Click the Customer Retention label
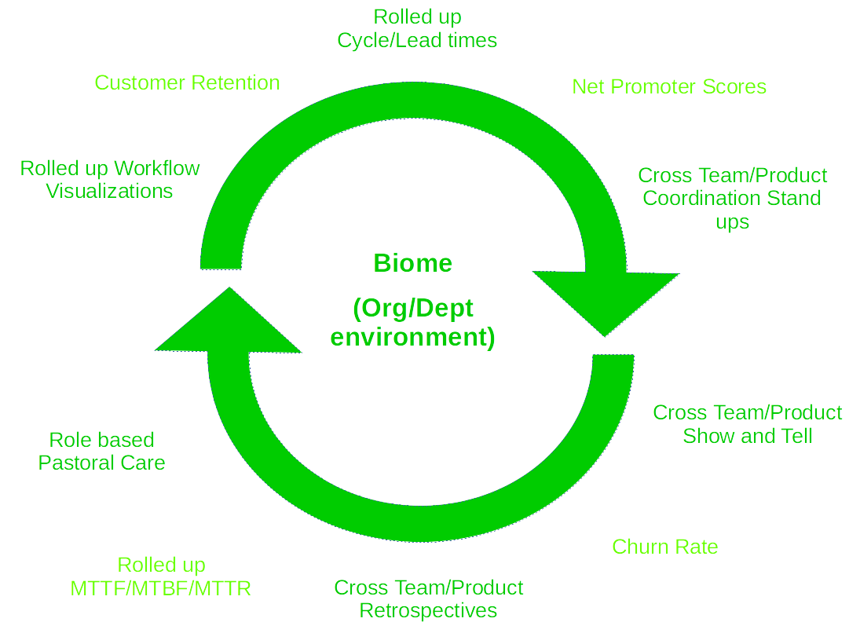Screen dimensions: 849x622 (x=188, y=82)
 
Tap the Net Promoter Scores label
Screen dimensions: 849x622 (x=669, y=86)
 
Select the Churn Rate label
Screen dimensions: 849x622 (x=665, y=547)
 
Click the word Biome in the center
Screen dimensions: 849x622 (x=412, y=263)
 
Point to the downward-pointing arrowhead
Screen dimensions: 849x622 (x=606, y=301)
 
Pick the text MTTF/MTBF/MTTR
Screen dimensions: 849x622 (x=161, y=588)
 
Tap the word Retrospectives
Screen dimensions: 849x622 (x=428, y=611)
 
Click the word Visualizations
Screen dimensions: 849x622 (x=109, y=191)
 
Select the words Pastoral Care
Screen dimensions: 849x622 (x=102, y=463)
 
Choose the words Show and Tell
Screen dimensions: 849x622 (x=748, y=436)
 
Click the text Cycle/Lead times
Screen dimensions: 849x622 (x=418, y=41)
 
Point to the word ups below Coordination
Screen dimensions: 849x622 (x=733, y=222)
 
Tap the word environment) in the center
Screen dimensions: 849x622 (x=412, y=337)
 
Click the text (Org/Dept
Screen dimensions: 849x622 (x=412, y=309)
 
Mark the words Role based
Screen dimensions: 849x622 (x=102, y=440)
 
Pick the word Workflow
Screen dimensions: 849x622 (x=157, y=168)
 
